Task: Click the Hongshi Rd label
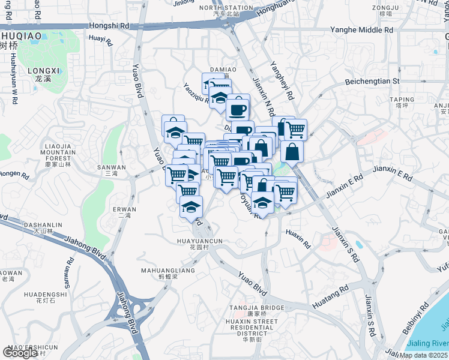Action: click(x=109, y=26)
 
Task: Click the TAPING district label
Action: click(x=402, y=100)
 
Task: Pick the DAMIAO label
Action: click(x=222, y=70)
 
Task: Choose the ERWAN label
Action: click(x=124, y=209)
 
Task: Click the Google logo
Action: click(x=20, y=353)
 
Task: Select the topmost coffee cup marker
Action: click(x=238, y=108)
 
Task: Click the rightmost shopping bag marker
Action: click(x=292, y=152)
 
